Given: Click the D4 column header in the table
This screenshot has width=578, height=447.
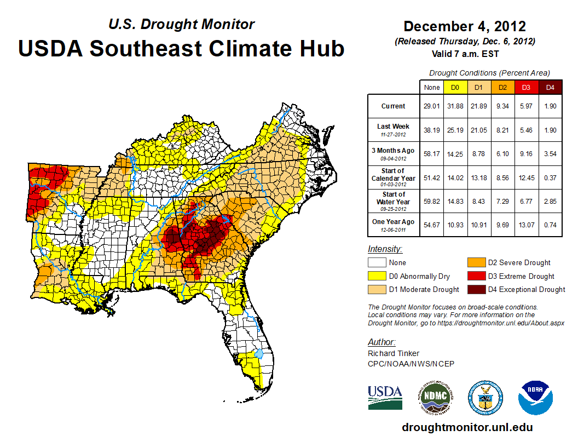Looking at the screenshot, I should click(x=551, y=87).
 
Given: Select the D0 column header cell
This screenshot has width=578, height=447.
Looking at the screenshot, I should click(x=455, y=87).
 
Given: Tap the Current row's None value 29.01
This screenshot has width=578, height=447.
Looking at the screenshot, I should click(x=431, y=106).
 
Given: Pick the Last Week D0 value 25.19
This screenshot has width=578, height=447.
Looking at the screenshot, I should click(x=455, y=130).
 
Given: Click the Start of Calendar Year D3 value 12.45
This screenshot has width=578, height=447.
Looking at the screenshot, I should click(x=527, y=177).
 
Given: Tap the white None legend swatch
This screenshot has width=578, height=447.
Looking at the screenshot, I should click(x=377, y=262).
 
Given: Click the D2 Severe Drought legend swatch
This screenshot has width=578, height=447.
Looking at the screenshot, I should click(x=476, y=262).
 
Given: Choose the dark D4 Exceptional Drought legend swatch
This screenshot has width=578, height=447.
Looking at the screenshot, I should click(x=476, y=289).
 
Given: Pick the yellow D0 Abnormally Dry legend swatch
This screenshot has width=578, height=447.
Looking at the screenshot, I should click(x=377, y=276).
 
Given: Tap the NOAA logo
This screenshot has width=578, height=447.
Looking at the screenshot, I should click(x=536, y=398).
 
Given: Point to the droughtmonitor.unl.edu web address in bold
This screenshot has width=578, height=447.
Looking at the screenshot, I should click(x=467, y=427).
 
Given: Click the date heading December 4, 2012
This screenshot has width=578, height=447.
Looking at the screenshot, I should click(x=465, y=26).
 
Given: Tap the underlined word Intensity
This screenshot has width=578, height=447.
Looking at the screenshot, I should click(x=385, y=249).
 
